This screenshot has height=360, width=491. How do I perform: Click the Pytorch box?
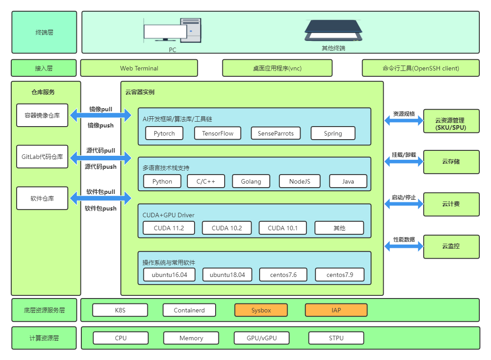coord(164,133)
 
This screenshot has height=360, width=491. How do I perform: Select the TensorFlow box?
coord(217,133)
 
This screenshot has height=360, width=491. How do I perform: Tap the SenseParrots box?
coord(275,133)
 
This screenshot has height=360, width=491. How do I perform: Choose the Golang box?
coord(251,181)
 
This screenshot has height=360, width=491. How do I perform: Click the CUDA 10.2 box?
coord(227,228)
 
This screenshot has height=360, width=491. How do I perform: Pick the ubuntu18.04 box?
coord(227,275)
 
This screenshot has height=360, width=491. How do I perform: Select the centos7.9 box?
coord(339,275)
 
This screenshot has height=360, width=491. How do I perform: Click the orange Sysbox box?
coord(261,310)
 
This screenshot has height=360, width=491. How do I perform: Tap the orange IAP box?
coord(336,310)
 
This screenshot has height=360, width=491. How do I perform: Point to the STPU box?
coord(336,338)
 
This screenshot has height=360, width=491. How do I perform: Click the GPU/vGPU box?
coord(261,338)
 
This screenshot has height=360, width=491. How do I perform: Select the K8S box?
coord(120,310)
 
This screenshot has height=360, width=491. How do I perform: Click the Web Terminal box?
coord(139,68)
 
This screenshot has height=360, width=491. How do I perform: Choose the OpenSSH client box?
coord(420,68)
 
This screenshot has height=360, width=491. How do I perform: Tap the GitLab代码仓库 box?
coord(42,157)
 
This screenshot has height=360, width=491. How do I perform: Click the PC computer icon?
coord(172,31)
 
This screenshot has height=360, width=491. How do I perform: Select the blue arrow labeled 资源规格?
coord(404,120)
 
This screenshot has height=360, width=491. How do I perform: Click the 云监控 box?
coord(451,246)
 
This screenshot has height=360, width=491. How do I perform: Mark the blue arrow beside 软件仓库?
coord(100,198)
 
